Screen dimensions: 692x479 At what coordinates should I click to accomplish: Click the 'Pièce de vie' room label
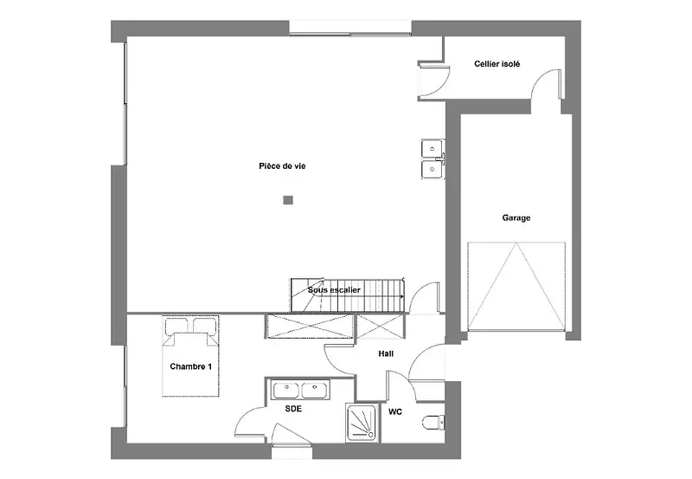282,166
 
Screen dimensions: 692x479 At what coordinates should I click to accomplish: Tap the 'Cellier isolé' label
497,64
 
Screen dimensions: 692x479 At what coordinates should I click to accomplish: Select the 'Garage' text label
516,218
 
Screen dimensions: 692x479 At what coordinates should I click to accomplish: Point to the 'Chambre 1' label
190,366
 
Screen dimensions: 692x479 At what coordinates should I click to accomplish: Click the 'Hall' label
386,353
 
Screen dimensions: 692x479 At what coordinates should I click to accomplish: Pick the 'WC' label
395,411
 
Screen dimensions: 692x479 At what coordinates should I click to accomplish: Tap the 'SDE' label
293,409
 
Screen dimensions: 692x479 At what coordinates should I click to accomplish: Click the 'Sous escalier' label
334,290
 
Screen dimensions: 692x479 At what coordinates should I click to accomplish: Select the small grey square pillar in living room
288,201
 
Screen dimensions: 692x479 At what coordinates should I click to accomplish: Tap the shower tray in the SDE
362,423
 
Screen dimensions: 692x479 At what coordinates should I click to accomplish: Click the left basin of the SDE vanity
286,390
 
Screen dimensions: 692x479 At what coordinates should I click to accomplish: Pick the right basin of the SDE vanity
314,390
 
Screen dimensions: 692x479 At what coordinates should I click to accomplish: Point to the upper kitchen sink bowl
432,148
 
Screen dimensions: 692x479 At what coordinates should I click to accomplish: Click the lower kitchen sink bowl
432,170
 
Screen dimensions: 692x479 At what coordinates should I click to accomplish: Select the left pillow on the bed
176,326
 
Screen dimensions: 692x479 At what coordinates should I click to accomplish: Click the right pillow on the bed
205,326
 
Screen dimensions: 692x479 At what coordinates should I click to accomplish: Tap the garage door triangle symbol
516,286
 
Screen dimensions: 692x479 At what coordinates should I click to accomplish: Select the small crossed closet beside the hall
380,327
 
